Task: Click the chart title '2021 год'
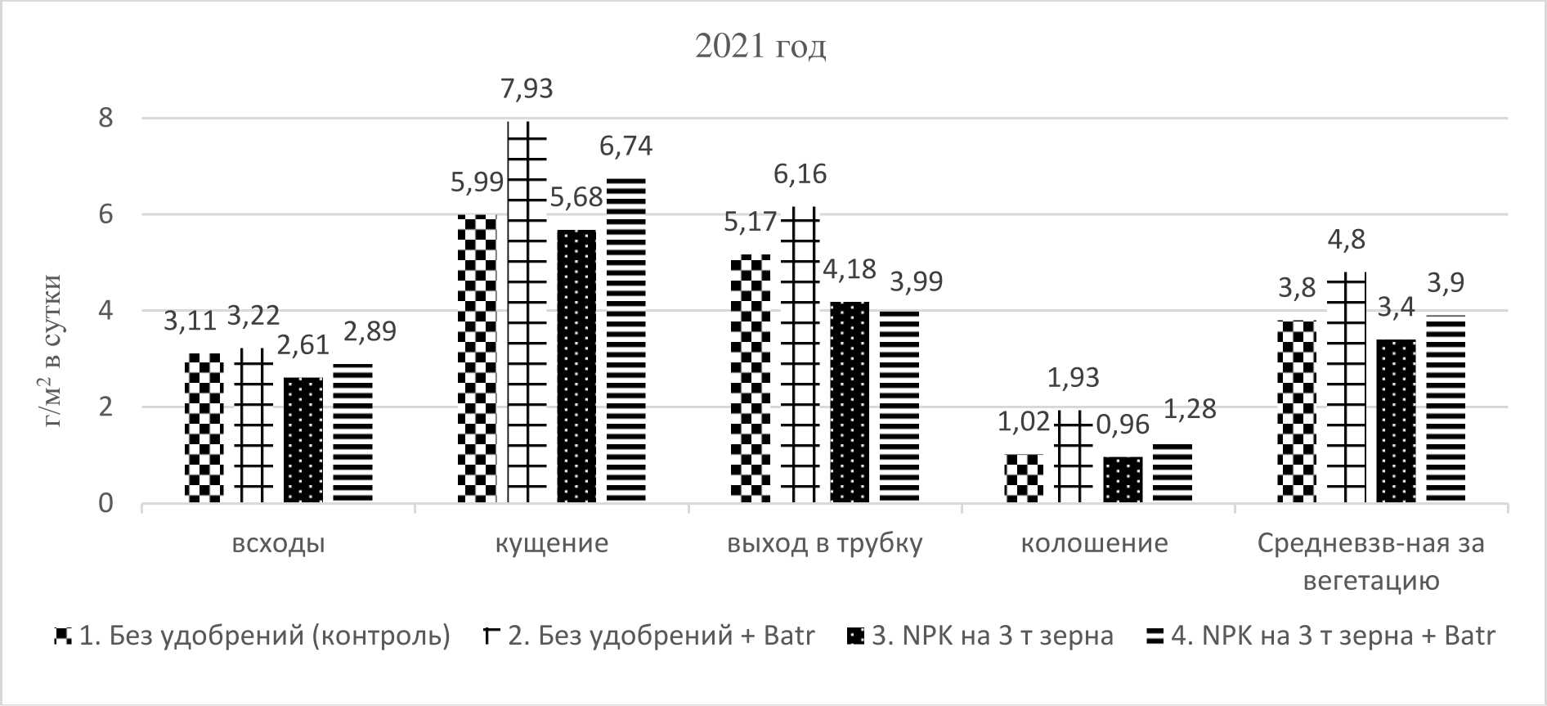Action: [x=760, y=47]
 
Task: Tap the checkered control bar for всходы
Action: [x=204, y=427]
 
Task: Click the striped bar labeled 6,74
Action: [x=626, y=340]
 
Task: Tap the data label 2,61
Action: [x=302, y=345]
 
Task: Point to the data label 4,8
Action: [x=1345, y=240]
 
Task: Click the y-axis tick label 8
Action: [x=105, y=118]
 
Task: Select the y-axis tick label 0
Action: [x=105, y=503]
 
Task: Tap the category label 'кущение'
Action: [x=552, y=544]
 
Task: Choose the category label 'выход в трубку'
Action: [x=825, y=544]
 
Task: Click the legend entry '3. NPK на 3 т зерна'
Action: [x=992, y=636]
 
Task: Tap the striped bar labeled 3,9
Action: [x=1446, y=409]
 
